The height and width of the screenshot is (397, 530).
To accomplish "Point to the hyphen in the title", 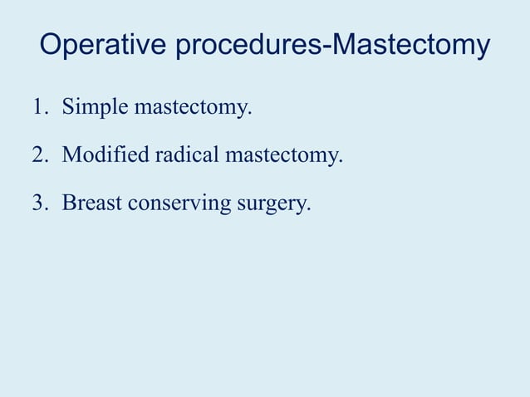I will tap(328, 47).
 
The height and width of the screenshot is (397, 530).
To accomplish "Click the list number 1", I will tap(38, 108).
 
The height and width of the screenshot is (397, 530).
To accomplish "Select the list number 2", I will tap(38, 155).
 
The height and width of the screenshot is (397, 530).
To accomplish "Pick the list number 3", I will tap(38, 203).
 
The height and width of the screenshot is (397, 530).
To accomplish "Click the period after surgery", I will tap(309, 208).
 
